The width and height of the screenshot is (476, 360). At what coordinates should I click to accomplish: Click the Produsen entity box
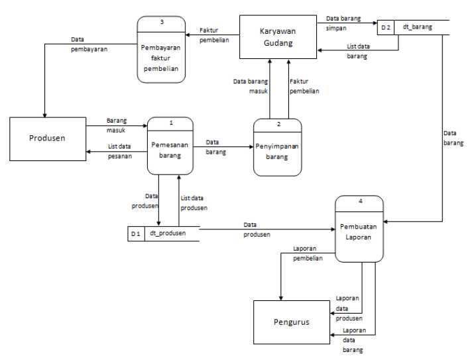pos(48,138)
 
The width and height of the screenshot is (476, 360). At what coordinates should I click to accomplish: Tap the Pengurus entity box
pos(291,322)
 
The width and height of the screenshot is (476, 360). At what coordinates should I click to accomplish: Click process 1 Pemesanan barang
pos(170,150)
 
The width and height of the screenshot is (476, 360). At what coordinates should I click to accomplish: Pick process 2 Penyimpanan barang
pos(277,152)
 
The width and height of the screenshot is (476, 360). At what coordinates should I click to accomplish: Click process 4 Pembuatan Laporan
pos(359,231)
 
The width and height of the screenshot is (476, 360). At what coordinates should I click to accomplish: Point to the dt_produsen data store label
pos(167,233)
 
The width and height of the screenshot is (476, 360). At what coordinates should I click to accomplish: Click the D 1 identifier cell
pos(135,233)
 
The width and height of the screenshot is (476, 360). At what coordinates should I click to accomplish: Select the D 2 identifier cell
pos(385,27)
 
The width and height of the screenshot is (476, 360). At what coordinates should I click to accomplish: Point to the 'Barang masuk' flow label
pos(117,126)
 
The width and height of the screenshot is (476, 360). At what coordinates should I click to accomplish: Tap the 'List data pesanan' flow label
pos(120,151)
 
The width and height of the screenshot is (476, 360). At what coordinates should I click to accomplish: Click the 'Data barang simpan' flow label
pos(343,24)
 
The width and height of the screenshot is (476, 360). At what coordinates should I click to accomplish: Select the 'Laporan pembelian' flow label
pos(308,254)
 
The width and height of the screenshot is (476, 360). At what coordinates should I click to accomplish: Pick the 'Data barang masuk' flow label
pos(251,86)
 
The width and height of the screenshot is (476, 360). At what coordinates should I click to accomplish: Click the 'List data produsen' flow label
pos(194,203)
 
